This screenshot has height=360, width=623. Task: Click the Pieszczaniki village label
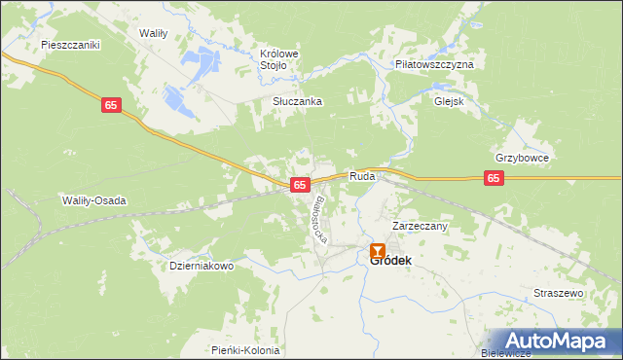point(71,45)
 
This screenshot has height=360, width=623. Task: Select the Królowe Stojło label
point(277,59)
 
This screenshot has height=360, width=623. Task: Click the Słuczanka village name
point(297,101)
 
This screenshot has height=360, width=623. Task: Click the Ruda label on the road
point(362,178)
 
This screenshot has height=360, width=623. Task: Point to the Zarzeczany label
point(419,226)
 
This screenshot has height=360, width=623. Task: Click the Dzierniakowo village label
point(202,266)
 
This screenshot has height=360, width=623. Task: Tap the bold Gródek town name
point(390,260)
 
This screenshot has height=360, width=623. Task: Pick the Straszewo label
point(558,293)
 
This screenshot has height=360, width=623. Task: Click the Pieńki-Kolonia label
point(244,350)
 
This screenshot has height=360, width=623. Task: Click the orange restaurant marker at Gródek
point(377,251)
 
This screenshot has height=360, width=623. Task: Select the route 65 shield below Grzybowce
point(495,178)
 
